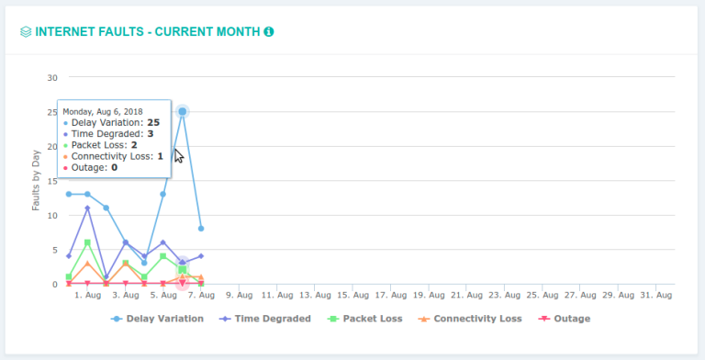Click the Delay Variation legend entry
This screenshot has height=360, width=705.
pyautogui.click(x=153, y=319)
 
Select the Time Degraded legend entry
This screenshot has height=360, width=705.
pyautogui.click(x=266, y=319)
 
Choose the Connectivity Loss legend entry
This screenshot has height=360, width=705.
pyautogui.click(x=469, y=319)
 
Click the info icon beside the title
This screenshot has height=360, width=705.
pyautogui.click(x=269, y=31)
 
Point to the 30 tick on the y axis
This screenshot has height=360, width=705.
pyautogui.click(x=52, y=77)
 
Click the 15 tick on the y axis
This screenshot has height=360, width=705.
pyautogui.click(x=52, y=181)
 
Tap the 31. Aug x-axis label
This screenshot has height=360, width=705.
pyautogui.click(x=657, y=295)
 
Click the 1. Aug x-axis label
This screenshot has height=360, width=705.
pyautogui.click(x=87, y=295)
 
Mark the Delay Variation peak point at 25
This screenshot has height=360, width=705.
pyautogui.click(x=183, y=111)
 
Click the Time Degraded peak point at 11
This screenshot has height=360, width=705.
pyautogui.click(x=87, y=208)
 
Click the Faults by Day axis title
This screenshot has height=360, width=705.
pyautogui.click(x=37, y=181)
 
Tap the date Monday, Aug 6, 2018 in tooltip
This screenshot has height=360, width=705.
pyautogui.click(x=102, y=111)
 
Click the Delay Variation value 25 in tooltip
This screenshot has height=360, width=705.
pyautogui.click(x=152, y=122)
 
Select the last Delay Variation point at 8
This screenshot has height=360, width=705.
pyautogui.click(x=201, y=229)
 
